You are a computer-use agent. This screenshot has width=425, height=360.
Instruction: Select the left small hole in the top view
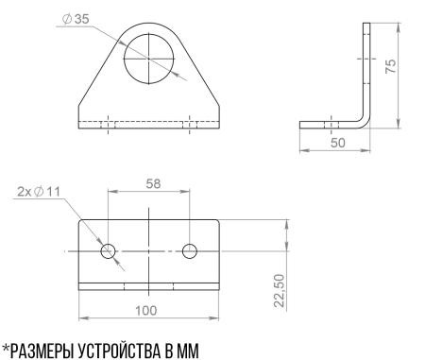[x=109, y=250]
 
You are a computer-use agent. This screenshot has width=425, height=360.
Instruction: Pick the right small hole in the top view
[x=190, y=250]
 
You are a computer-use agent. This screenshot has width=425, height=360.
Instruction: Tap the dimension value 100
[x=145, y=308]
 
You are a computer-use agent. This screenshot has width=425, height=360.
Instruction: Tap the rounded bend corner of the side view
[x=363, y=121]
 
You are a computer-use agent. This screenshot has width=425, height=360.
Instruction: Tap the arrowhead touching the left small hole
[x=101, y=243]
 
